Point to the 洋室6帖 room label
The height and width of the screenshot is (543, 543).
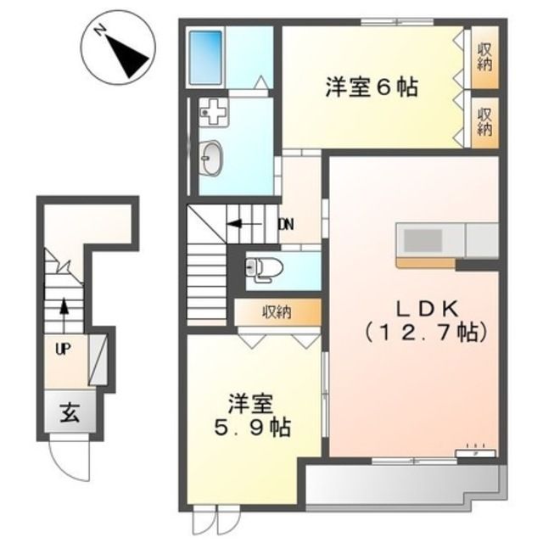pyautogui.click(x=370, y=87)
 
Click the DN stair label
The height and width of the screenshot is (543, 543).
pyautogui.click(x=286, y=225)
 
